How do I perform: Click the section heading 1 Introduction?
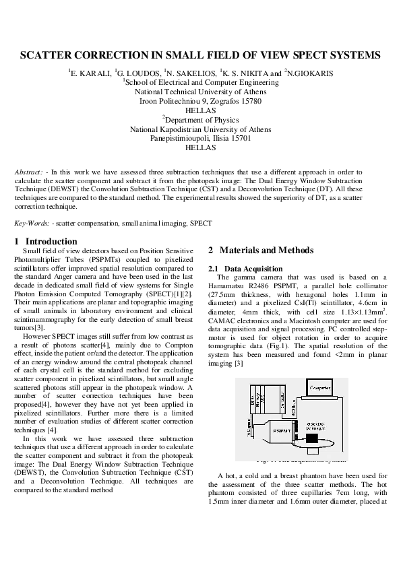click(x=46, y=242)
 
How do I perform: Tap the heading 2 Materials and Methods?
click(x=261, y=251)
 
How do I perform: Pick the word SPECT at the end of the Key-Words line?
click(x=202, y=222)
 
